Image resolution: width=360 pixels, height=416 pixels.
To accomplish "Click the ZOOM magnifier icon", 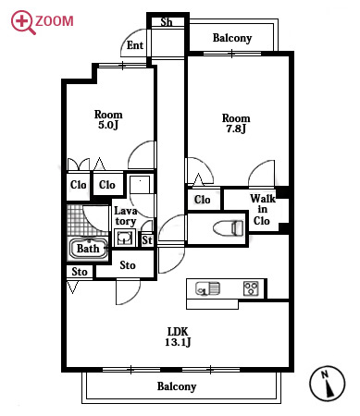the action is point(22,21).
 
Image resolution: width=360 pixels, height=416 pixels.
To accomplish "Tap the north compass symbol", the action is point(327,384).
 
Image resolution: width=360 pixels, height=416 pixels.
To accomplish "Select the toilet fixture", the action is point(229,228).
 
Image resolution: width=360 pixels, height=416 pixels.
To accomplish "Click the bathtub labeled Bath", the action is point(88,249).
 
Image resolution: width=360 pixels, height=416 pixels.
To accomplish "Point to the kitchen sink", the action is point(208,288).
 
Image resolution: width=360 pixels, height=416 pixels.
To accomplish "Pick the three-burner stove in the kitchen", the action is point(251,288).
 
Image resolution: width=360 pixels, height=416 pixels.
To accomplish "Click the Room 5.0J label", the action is point(108,119).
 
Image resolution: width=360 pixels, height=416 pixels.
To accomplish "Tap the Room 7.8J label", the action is point(236,123).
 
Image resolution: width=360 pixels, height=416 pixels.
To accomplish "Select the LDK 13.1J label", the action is point(178,336).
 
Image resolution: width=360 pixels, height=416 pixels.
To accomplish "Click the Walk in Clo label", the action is point(262,210).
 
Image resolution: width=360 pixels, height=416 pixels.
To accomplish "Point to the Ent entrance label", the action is point(135,45).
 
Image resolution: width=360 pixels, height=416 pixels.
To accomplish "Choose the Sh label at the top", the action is point(167,22).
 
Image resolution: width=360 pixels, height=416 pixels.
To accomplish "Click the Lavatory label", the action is point(125,216).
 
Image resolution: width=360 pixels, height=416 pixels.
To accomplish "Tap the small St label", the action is point(147,240).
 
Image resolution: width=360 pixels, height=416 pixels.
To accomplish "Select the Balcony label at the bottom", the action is point(177,386).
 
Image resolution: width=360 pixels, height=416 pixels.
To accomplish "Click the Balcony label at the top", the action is point(232,38).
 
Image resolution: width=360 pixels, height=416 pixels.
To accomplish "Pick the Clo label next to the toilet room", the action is point(203,200).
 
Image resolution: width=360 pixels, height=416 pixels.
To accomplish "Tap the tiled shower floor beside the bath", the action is point(87,220).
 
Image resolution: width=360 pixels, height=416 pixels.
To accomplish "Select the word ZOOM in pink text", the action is point(55,21).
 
